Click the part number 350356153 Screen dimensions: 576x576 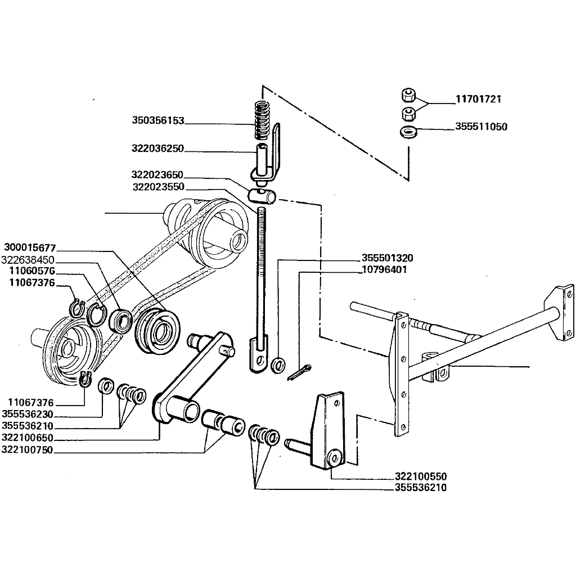158,120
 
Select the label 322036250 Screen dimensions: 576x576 158,149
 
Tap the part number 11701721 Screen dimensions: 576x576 478,100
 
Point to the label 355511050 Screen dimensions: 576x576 481,127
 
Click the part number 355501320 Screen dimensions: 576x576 387,259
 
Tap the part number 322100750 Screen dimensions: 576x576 28,449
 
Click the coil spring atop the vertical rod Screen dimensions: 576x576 261,120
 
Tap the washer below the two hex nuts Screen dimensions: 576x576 407,133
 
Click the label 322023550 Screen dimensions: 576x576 158,187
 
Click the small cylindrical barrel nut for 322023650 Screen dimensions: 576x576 262,196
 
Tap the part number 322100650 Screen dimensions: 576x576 28,438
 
